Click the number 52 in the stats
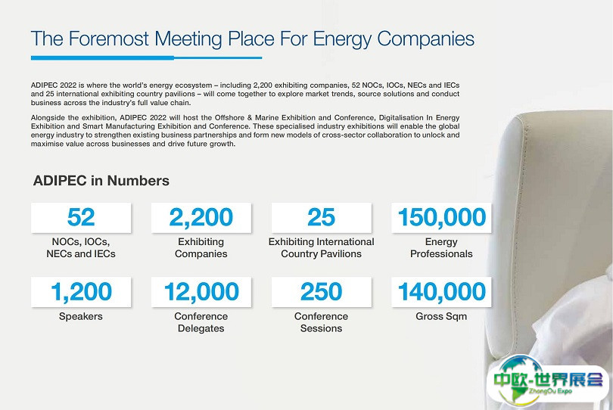(81, 217)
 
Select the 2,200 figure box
(201, 218)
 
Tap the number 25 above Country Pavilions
(321, 217)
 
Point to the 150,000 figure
(441, 217)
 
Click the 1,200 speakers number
(81, 292)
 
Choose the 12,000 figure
(201, 292)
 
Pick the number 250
(321, 291)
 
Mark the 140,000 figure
(441, 292)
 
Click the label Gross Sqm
(441, 316)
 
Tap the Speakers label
(81, 316)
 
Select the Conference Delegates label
(201, 322)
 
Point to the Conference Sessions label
(321, 322)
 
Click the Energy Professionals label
(441, 248)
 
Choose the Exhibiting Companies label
(201, 248)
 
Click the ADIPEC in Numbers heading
(101, 181)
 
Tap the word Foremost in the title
(109, 39)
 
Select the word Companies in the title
(425, 39)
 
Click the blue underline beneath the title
(146, 57)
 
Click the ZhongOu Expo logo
(547, 380)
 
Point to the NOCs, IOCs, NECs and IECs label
(81, 248)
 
